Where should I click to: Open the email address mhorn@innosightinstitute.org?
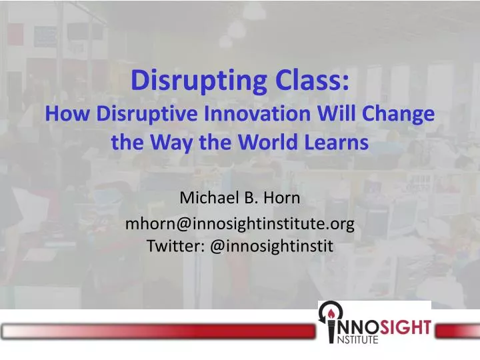point(239,223)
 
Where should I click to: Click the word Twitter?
point(175,246)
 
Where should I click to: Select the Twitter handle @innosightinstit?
point(271,246)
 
